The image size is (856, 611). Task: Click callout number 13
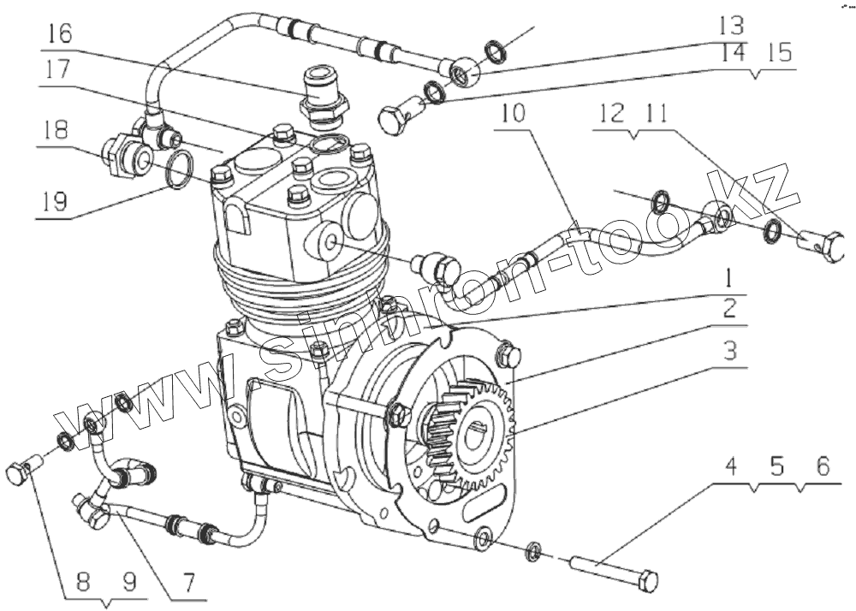pyautogui.click(x=732, y=25)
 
